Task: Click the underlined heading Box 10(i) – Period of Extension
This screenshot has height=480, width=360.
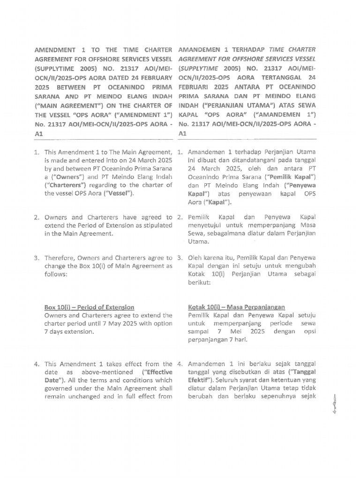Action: pyautogui.click(x=89, y=307)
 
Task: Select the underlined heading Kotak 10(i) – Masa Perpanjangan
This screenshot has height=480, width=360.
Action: pyautogui.click(x=237, y=307)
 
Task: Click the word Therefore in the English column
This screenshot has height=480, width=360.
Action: pyautogui.click(x=60, y=258)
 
